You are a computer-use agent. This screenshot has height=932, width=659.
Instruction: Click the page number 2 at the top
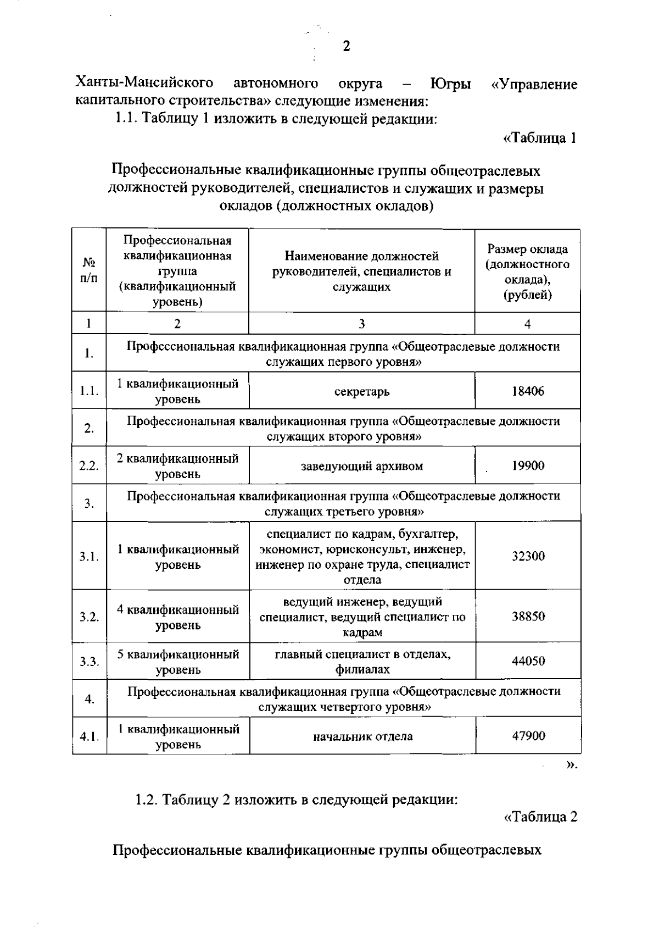346,46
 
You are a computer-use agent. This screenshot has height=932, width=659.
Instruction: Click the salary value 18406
528,391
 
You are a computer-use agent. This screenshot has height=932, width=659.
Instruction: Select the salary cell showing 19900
528,466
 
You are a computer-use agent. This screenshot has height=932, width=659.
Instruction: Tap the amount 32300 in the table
528,556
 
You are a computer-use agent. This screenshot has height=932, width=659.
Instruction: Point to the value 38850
528,617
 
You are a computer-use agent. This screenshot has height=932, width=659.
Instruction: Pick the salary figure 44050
528,661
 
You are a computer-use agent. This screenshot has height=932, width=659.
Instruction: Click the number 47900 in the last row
528,736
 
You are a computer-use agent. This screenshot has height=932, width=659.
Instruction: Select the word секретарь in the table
362,392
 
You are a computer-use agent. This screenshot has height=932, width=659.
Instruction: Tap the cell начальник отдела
362,736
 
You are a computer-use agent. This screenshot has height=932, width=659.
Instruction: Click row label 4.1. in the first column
89,736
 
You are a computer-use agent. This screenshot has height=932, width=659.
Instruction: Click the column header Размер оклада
528,272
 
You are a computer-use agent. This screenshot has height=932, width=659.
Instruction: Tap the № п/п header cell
89,270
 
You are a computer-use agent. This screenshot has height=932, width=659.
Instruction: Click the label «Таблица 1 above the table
540,138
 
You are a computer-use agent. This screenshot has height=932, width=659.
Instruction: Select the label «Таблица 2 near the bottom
540,817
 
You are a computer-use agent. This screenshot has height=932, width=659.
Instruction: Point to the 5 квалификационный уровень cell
178,662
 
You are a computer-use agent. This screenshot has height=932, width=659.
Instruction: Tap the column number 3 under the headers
362,324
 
